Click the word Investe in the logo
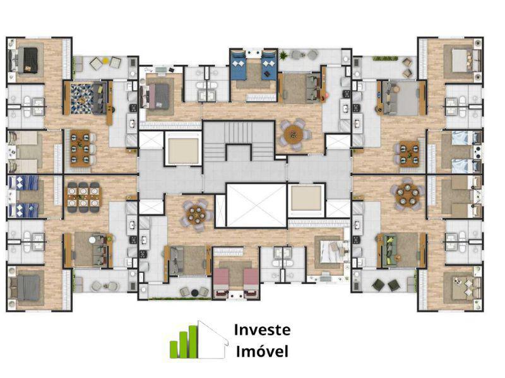click(x=262, y=330)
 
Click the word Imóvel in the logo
click(x=262, y=351)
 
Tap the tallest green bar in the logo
click(x=193, y=341)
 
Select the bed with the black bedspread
click(x=28, y=60)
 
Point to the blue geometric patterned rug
click(x=82, y=98)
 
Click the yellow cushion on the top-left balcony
click(x=105, y=59)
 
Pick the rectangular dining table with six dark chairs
click(x=84, y=197)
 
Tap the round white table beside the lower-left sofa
click(x=93, y=240)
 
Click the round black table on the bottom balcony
click(x=194, y=293)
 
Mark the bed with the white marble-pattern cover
click(x=330, y=251)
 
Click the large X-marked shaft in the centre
click(x=256, y=205)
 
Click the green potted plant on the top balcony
click(x=283, y=56)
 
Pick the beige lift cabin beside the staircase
click(x=183, y=151)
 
